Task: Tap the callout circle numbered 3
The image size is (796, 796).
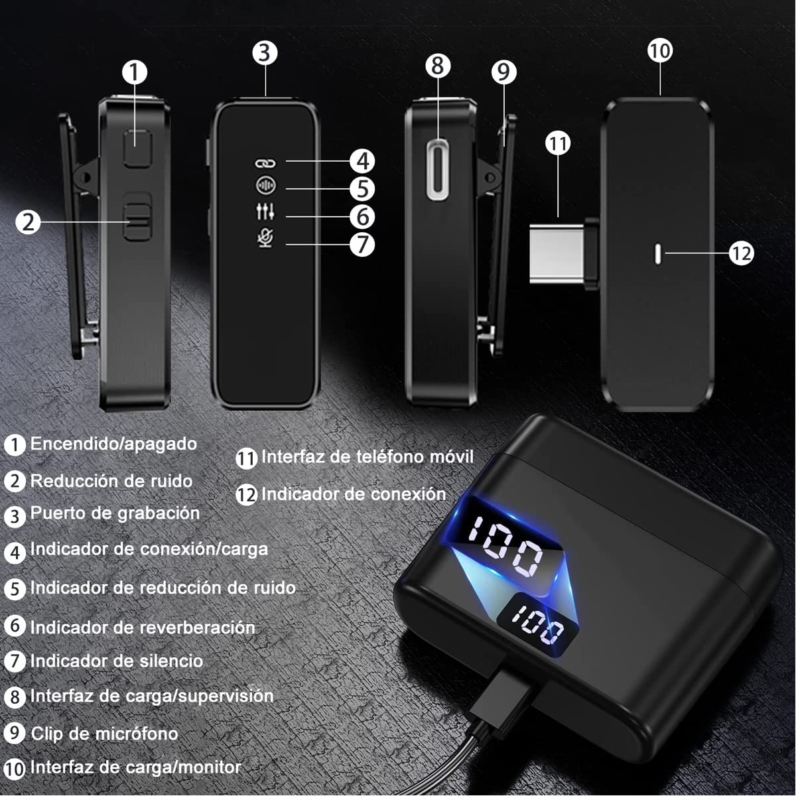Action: (x=265, y=53)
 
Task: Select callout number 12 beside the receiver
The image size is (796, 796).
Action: (x=742, y=253)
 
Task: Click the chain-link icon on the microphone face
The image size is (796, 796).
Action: (x=265, y=164)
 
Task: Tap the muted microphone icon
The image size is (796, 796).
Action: (x=265, y=239)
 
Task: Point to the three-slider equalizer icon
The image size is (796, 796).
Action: (x=265, y=211)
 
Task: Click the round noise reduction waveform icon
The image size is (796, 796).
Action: (x=265, y=186)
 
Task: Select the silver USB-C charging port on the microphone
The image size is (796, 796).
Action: (x=438, y=170)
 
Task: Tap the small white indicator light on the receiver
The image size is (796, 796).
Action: (x=657, y=255)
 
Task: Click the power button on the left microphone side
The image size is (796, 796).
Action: (x=138, y=149)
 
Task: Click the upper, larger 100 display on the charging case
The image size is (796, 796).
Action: (x=505, y=545)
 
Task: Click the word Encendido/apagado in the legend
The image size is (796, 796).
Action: (x=113, y=444)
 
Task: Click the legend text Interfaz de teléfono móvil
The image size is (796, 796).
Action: (x=367, y=457)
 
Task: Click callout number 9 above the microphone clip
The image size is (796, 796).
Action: (x=504, y=72)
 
